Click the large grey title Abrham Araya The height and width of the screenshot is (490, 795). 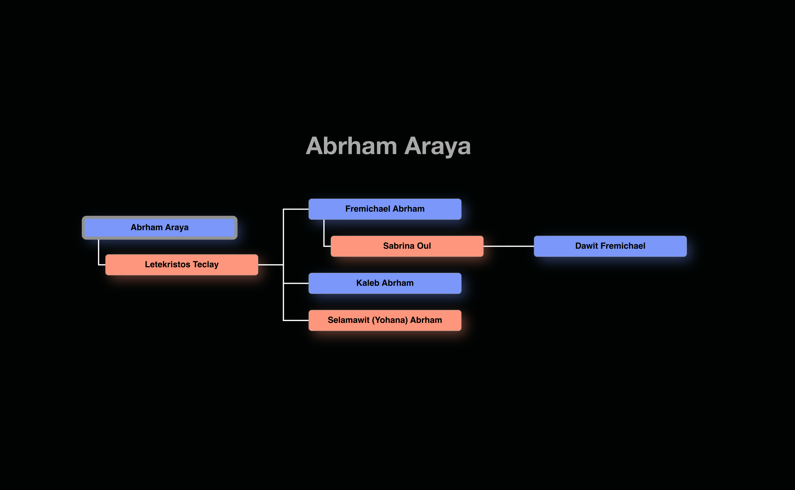tap(388, 146)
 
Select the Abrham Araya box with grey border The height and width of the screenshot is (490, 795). tap(159, 228)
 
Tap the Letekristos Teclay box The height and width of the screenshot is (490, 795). tap(182, 265)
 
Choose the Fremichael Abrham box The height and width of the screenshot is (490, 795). tap(385, 209)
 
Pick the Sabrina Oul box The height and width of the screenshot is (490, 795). tap(407, 246)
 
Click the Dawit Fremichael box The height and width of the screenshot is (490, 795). tap(610, 246)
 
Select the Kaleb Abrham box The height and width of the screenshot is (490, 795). tap(385, 283)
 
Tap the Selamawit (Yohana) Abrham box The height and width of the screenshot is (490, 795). tap(385, 320)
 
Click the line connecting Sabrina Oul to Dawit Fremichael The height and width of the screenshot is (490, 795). tap(508, 246)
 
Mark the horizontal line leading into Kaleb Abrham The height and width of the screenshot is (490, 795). tap(296, 283)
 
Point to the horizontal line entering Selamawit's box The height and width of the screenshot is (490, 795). tap(296, 320)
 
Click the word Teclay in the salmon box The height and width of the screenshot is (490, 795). tap(206, 265)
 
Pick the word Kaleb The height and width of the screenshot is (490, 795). tap(368, 283)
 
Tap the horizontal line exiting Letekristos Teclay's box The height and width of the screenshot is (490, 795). tap(270, 265)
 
